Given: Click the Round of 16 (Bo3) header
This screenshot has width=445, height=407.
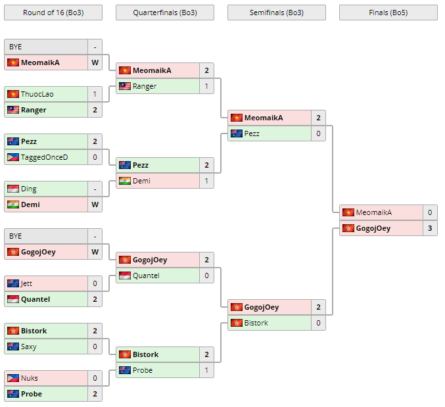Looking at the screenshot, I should coord(53,12).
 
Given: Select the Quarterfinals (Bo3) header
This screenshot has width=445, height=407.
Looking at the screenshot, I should coord(164,12).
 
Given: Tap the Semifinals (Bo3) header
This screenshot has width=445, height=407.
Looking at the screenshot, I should coord(276,12).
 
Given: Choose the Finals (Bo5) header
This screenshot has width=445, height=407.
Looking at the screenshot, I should coord(388,12).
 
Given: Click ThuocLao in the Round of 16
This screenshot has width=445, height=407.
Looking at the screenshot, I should coord(37,94).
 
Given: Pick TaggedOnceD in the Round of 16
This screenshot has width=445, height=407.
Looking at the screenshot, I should coord(44,157).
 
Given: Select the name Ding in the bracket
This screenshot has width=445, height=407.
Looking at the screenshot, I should coord(29,189).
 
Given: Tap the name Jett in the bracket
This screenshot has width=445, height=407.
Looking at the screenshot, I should coord(27,283).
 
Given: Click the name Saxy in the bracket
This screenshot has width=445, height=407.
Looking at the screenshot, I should coord(29,347).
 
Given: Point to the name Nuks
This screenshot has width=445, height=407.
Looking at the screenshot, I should coord(30,378).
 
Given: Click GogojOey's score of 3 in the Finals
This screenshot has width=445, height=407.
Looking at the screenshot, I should coord(430,228).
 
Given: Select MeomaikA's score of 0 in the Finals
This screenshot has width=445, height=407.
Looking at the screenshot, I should coord(430,212).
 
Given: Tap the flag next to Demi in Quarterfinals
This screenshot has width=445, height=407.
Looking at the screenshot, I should coord(124,181).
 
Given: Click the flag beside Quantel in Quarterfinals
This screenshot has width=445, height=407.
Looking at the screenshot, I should coord(124,275).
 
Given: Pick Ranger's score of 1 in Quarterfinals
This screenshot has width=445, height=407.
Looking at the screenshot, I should coord(206,86).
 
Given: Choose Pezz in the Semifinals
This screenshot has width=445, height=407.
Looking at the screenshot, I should coord(252,133).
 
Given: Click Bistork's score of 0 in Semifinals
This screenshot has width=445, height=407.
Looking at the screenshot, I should coord(318,323).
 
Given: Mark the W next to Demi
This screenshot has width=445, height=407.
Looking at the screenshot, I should coord(95,204).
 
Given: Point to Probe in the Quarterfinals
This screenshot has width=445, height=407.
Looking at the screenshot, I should coord(143,370).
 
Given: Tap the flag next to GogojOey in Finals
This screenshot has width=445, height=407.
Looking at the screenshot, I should coord(348,228).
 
